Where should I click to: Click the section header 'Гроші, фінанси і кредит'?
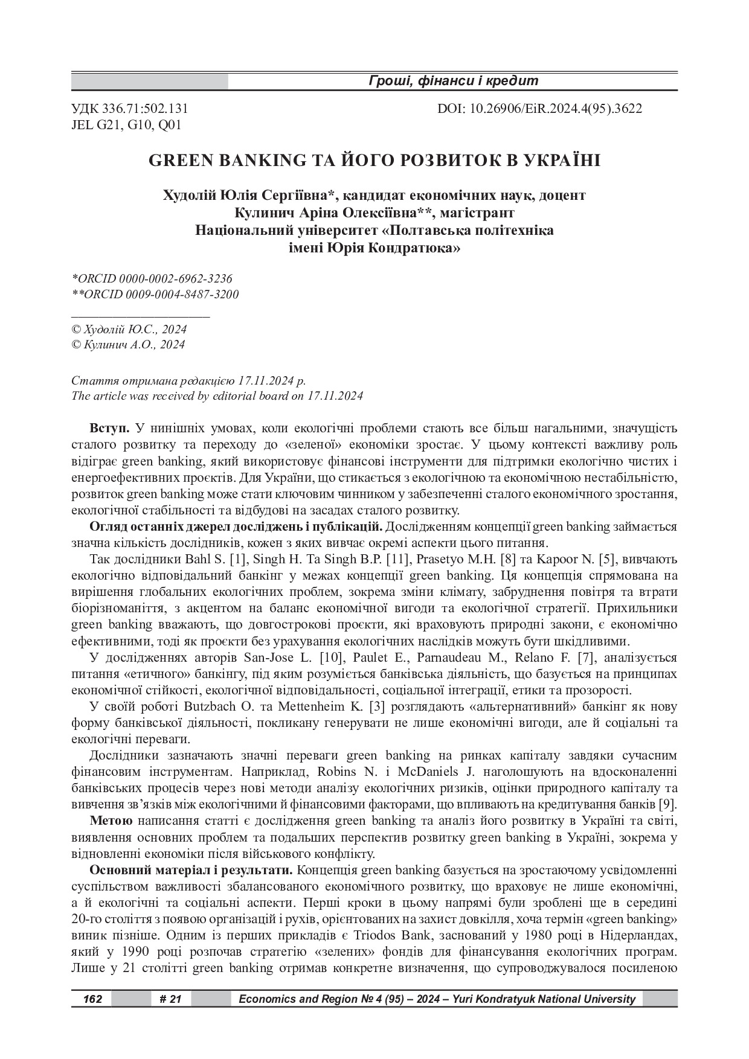coord(452,81)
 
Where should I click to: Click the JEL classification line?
coord(126,125)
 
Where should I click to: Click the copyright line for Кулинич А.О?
coord(128,345)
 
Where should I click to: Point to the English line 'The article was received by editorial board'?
coord(217,396)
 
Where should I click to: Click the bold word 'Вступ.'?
coord(109,429)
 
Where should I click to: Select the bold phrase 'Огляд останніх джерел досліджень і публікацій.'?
coord(236,526)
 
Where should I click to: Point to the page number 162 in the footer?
coord(92,999)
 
